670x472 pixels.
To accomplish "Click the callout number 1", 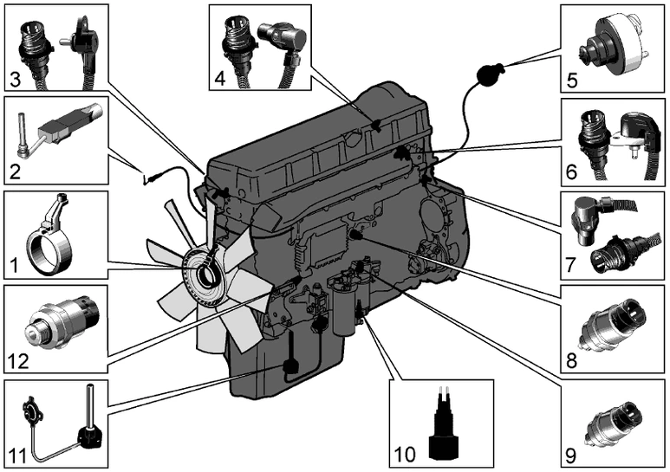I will tap(12, 260).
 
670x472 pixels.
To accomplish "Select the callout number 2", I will tap(14, 171).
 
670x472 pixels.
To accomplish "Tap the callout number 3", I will tap(15, 81).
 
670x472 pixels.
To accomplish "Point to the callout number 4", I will tap(220, 78).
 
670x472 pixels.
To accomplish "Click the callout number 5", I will tap(571, 82).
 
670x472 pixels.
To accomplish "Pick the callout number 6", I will tap(571, 171).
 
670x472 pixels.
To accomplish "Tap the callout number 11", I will tap(14, 452).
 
